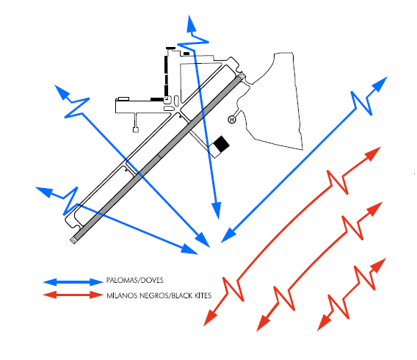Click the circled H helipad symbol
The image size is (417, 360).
(x=232, y=120)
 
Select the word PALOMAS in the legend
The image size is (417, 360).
(x=122, y=280)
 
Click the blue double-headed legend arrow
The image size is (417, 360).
(x=73, y=282)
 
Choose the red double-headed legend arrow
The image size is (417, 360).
(x=73, y=295)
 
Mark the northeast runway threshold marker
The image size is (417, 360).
(x=242, y=76)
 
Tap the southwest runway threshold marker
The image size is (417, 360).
(x=73, y=240)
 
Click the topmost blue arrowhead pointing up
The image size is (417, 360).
(x=191, y=24)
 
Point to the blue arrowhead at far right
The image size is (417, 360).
(x=380, y=84)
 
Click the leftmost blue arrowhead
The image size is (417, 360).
(x=44, y=192)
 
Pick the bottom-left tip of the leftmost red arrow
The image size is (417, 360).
(x=203, y=326)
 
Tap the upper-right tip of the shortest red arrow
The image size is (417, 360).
(x=386, y=258)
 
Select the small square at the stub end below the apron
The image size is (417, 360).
(x=136, y=130)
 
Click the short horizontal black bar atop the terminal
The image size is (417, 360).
(x=171, y=48)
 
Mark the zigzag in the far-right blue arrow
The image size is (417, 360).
(x=362, y=104)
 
